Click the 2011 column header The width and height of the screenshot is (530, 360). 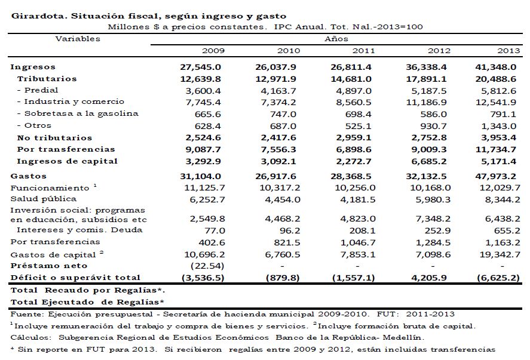click(x=363, y=51)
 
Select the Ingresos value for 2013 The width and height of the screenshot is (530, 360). click(x=496, y=67)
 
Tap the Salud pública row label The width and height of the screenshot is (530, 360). click(x=44, y=199)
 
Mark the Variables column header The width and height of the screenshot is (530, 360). click(x=78, y=39)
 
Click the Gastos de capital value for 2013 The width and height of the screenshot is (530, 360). click(x=496, y=254)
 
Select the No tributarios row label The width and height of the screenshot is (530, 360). click(x=54, y=137)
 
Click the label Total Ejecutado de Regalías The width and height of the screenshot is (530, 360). click(x=87, y=301)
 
